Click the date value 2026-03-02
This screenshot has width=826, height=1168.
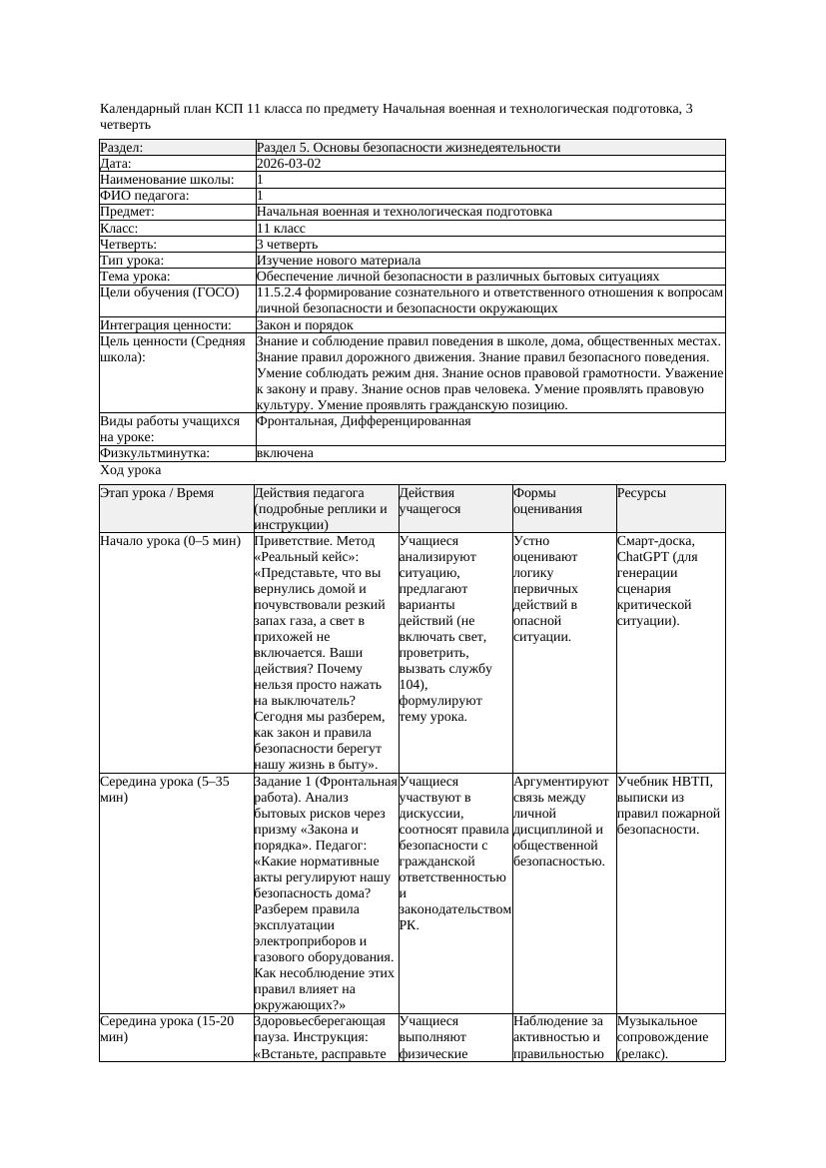(x=289, y=164)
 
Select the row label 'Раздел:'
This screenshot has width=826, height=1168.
(x=122, y=148)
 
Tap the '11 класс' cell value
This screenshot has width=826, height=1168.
(x=281, y=228)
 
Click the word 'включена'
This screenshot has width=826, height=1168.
(x=285, y=453)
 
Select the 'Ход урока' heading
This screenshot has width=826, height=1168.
(x=131, y=470)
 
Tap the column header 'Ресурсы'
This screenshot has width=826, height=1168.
(x=641, y=493)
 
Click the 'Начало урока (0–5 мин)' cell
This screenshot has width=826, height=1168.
(x=171, y=541)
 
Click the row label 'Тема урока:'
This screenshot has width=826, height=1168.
(x=136, y=276)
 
